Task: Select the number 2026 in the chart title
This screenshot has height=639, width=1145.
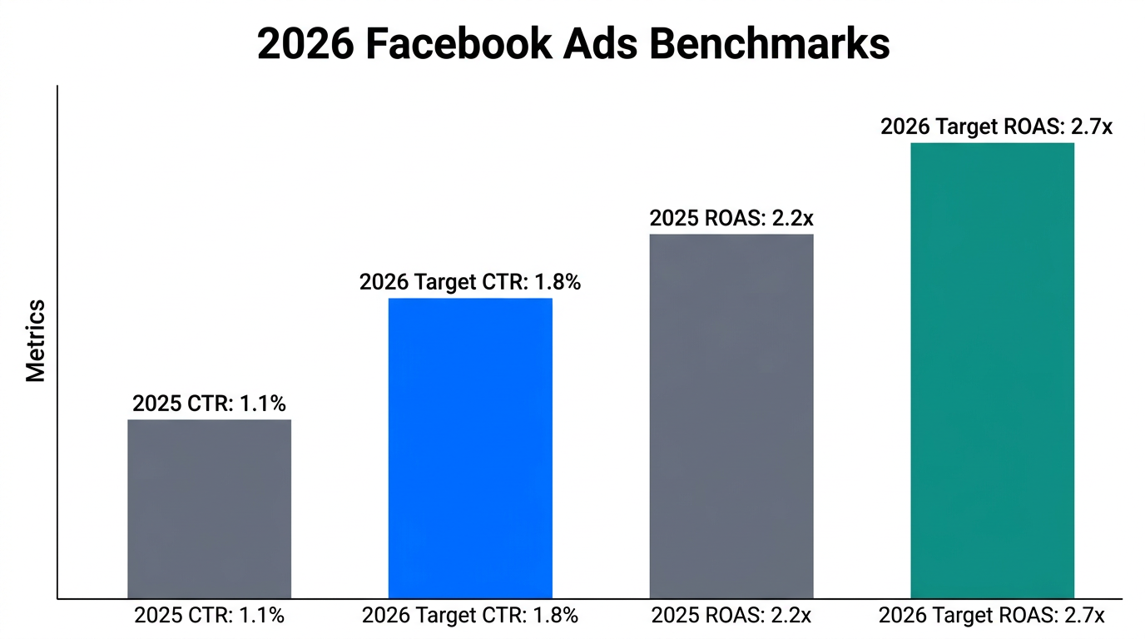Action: (306, 43)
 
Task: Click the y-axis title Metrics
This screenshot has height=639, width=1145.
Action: (36, 341)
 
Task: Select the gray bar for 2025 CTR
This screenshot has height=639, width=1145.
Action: (209, 508)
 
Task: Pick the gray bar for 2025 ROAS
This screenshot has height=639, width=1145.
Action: (731, 416)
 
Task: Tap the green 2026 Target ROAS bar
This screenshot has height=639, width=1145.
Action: (992, 370)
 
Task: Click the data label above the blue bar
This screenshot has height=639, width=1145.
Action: (470, 283)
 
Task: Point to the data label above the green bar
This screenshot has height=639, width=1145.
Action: (996, 127)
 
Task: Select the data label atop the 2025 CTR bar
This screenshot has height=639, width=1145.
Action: (209, 404)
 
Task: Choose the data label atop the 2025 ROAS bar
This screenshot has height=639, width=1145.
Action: (731, 219)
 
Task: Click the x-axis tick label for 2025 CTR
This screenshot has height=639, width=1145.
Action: (209, 617)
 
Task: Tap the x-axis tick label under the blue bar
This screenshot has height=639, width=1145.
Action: (470, 617)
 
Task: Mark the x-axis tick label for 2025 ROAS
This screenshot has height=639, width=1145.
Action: (731, 617)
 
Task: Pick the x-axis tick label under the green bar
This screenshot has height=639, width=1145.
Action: (992, 617)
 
